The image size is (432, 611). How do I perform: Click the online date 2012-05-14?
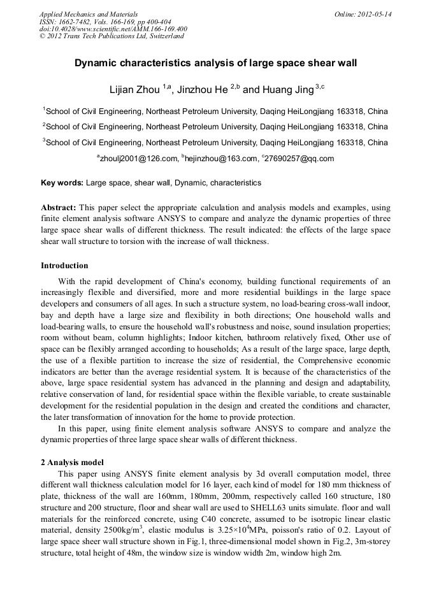click(x=374, y=13)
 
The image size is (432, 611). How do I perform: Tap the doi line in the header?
click(x=113, y=29)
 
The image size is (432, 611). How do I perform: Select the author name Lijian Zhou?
click(x=132, y=89)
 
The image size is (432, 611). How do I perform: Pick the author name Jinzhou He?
click(x=202, y=89)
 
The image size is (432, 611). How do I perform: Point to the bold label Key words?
click(x=62, y=183)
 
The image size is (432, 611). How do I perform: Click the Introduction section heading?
click(x=64, y=266)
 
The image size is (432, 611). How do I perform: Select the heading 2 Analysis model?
click(x=72, y=462)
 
